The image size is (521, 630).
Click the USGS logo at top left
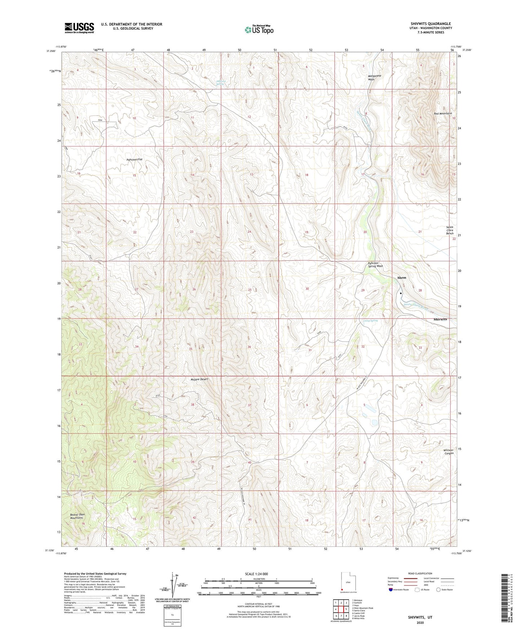(x=79, y=28)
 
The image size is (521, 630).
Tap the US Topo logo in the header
(x=259, y=30)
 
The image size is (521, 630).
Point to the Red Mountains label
(x=443, y=113)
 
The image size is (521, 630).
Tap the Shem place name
(x=401, y=277)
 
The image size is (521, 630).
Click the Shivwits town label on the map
(x=440, y=319)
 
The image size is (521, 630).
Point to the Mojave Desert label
(x=199, y=379)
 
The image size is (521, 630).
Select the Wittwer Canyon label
(x=449, y=451)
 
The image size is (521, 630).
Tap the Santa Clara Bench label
(x=450, y=230)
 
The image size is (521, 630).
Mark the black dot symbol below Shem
(x=401, y=293)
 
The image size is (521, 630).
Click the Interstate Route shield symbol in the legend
(x=391, y=590)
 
